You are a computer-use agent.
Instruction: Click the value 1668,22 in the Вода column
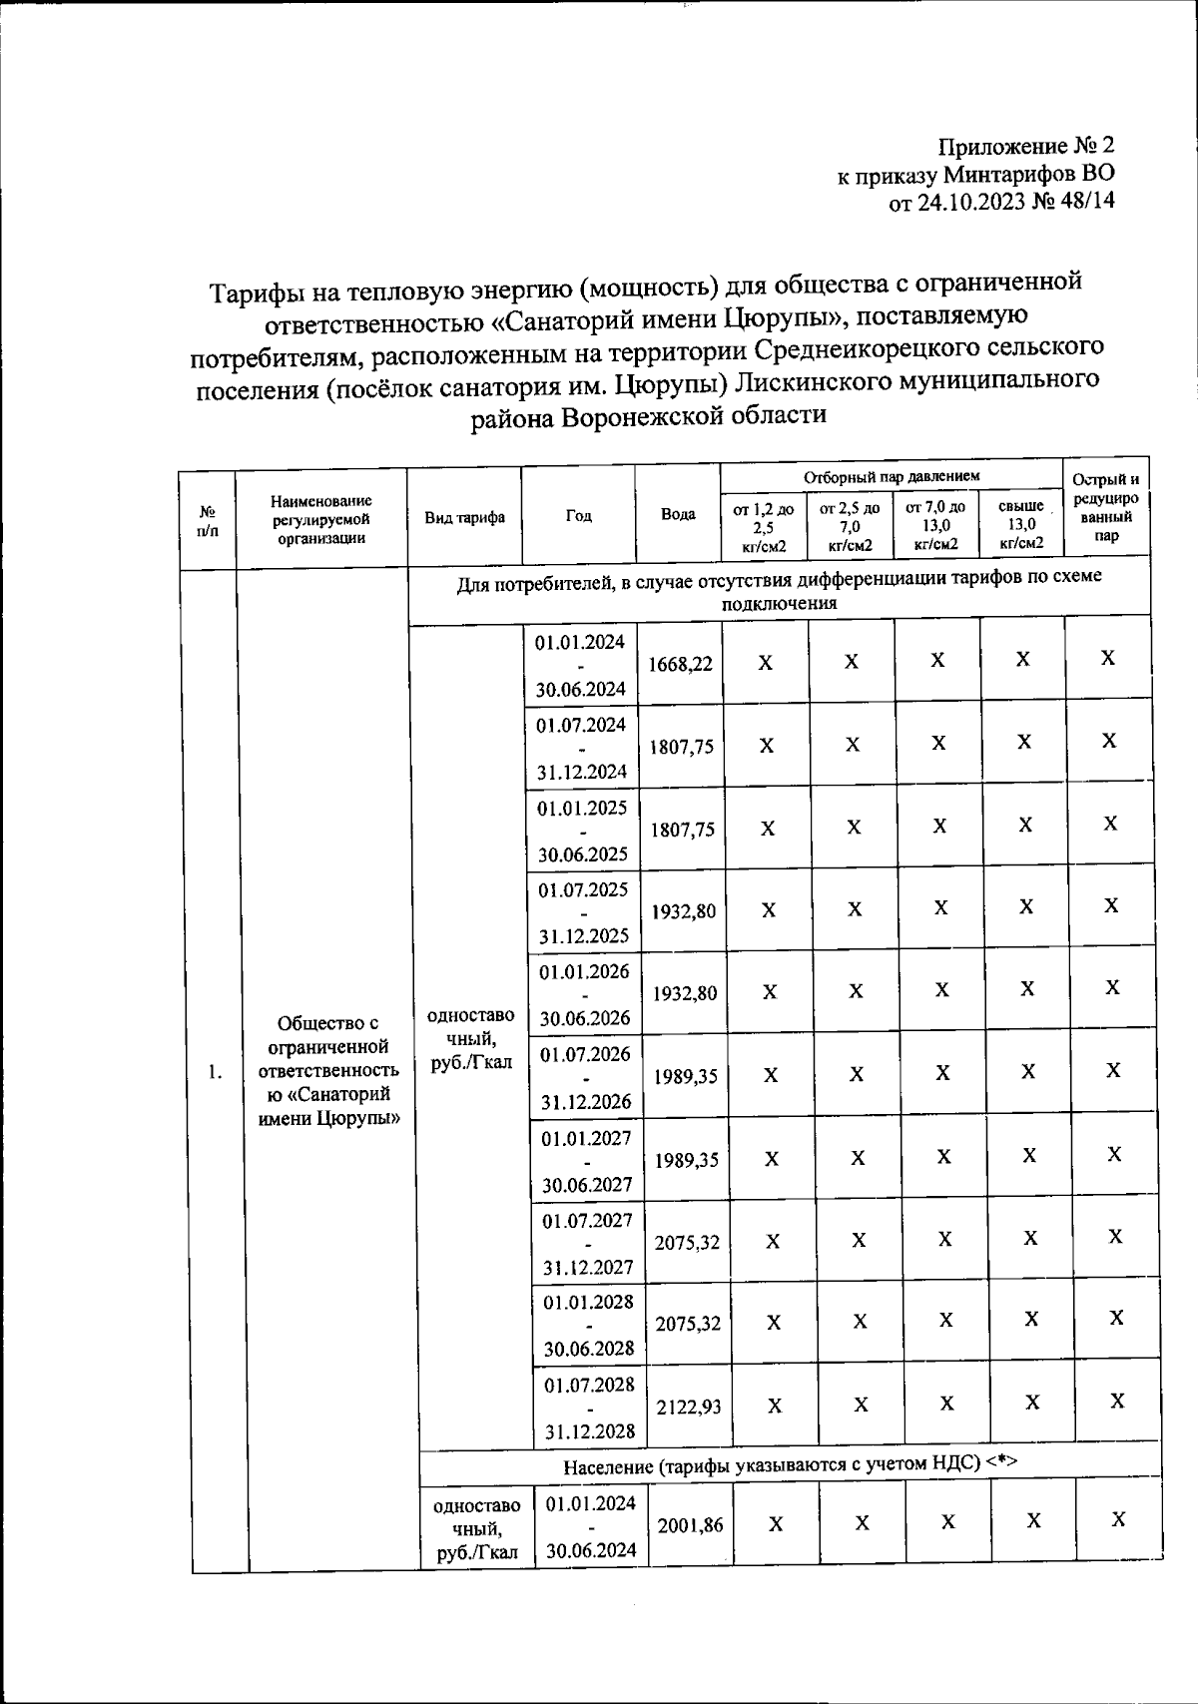[x=680, y=664]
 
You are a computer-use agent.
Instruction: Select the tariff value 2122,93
[x=688, y=1407]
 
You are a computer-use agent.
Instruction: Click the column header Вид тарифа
[x=464, y=517]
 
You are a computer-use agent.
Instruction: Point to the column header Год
[x=578, y=516]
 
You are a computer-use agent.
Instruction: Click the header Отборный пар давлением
[x=892, y=476]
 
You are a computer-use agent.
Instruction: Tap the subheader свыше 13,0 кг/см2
[x=1021, y=525]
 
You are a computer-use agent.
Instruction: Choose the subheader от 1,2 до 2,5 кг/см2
[x=764, y=526]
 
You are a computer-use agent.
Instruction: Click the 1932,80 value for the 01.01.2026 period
[x=684, y=993]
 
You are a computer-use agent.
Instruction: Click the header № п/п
[x=208, y=519]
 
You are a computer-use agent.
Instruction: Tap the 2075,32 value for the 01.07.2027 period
[x=687, y=1243]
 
